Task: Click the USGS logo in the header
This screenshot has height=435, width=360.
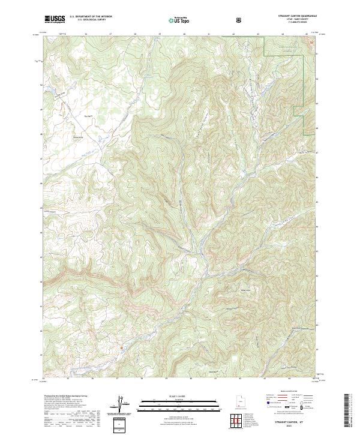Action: pos(55,19)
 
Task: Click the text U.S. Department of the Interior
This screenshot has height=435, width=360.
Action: pos(91,17)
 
